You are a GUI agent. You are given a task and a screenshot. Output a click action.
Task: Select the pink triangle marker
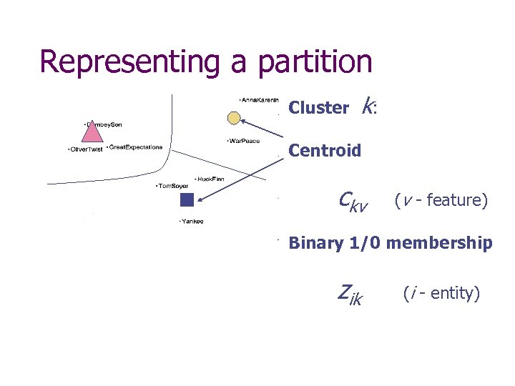click(91, 132)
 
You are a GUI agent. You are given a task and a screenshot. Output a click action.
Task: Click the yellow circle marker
click(233, 117)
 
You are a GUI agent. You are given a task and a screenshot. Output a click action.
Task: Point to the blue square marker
click(187, 199)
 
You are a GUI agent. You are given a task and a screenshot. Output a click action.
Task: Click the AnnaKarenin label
click(260, 99)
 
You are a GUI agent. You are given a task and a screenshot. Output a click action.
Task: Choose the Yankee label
click(191, 222)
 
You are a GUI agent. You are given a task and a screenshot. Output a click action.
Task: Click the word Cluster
click(318, 108)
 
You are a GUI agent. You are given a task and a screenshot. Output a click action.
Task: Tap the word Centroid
click(325, 151)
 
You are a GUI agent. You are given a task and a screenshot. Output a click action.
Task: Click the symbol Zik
click(350, 294)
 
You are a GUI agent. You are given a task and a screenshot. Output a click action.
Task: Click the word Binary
click(315, 243)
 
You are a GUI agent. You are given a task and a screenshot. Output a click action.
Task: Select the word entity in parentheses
click(449, 293)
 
